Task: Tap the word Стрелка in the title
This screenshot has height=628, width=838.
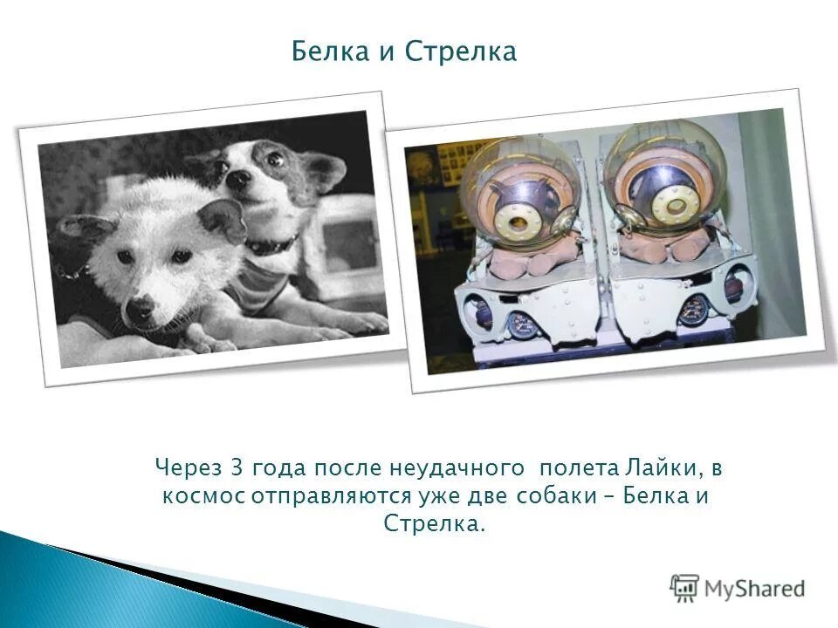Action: tap(461, 52)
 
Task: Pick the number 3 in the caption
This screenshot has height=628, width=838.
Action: tap(235, 468)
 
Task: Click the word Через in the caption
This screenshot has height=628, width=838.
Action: tap(189, 468)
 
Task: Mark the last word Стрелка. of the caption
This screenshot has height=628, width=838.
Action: tap(434, 524)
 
